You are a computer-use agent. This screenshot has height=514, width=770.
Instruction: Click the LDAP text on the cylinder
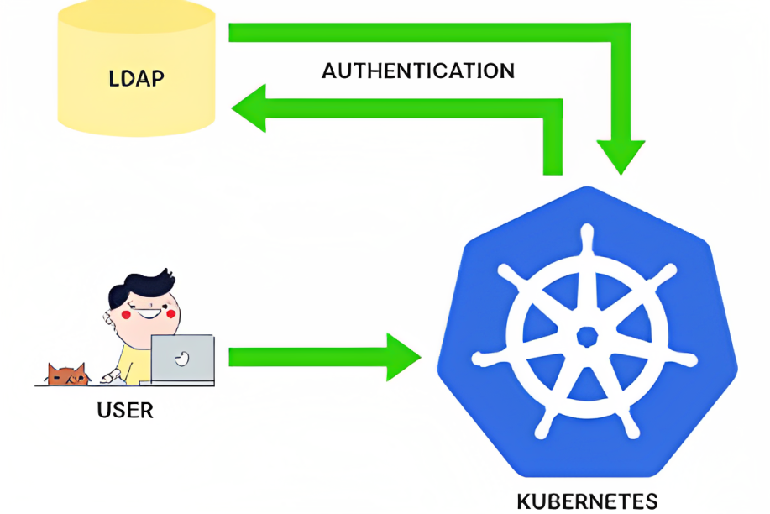(x=136, y=79)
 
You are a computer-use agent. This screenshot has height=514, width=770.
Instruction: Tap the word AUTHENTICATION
(x=418, y=71)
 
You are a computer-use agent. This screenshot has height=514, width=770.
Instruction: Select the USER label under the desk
(x=125, y=411)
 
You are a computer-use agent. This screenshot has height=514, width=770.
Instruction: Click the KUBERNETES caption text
(x=587, y=501)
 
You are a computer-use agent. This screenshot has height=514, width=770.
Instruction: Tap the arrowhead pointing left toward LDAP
(x=250, y=108)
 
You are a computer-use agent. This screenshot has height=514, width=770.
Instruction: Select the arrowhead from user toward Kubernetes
(x=402, y=357)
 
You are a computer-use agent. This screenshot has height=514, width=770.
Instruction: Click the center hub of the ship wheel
(x=587, y=337)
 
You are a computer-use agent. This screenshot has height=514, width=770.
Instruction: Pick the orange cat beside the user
(x=67, y=374)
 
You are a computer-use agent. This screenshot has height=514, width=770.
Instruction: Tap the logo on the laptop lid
(x=182, y=359)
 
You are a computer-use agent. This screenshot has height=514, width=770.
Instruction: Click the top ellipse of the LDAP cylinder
(x=136, y=15)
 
